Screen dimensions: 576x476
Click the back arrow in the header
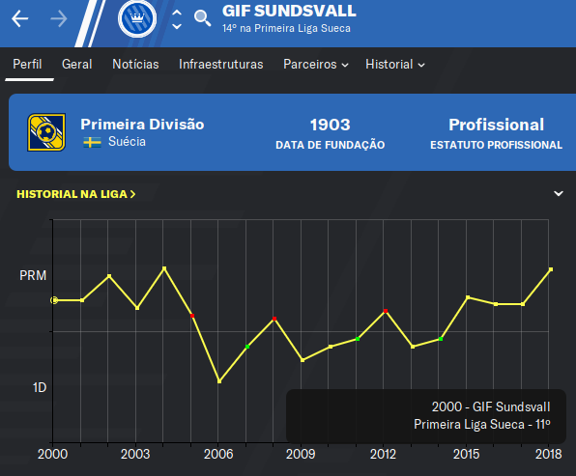pyautogui.click(x=20, y=18)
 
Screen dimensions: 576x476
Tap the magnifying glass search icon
pyautogui.click(x=202, y=18)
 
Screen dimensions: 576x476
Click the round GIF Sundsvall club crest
pyautogui.click(x=137, y=18)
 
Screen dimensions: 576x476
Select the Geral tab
pyautogui.click(x=76, y=65)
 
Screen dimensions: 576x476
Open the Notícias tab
pyautogui.click(x=135, y=65)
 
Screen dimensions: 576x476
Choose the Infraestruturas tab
pyautogui.click(x=220, y=65)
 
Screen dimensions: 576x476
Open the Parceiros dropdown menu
pyautogui.click(x=316, y=65)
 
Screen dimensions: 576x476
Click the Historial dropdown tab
pyautogui.click(x=395, y=65)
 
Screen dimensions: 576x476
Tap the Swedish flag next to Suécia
pyautogui.click(x=92, y=142)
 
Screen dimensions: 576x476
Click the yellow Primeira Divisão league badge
pyautogui.click(x=46, y=132)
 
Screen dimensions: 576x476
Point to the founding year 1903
pyautogui.click(x=330, y=125)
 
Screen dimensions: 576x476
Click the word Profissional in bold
pyautogui.click(x=496, y=125)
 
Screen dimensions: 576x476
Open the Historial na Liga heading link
pyautogui.click(x=76, y=194)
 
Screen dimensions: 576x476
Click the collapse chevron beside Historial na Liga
pyautogui.click(x=559, y=193)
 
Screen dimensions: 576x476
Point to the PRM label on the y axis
pyautogui.click(x=33, y=275)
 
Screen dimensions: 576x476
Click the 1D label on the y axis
pyautogui.click(x=40, y=387)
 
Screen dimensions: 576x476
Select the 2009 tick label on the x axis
pyautogui.click(x=301, y=454)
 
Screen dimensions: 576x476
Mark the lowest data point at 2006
pyautogui.click(x=219, y=381)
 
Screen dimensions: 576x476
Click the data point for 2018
pyautogui.click(x=551, y=269)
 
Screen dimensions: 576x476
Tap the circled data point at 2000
pyautogui.click(x=54, y=300)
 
